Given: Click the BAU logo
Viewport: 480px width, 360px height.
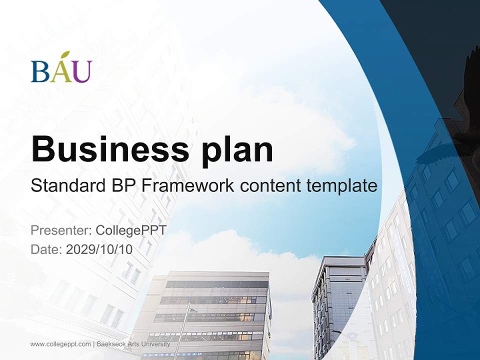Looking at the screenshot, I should coord(61,68).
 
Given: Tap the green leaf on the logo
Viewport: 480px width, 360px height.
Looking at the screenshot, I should coord(65,55).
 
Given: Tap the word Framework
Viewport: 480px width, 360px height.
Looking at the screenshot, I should coord(187,186).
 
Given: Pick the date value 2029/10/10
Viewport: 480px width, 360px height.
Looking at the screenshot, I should coord(99,249).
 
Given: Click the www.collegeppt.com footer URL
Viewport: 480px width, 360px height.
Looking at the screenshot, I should coord(60,344).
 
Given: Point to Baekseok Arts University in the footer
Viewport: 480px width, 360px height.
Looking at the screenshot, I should coord(133,344).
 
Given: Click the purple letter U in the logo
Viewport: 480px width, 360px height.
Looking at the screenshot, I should coord(82,71).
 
